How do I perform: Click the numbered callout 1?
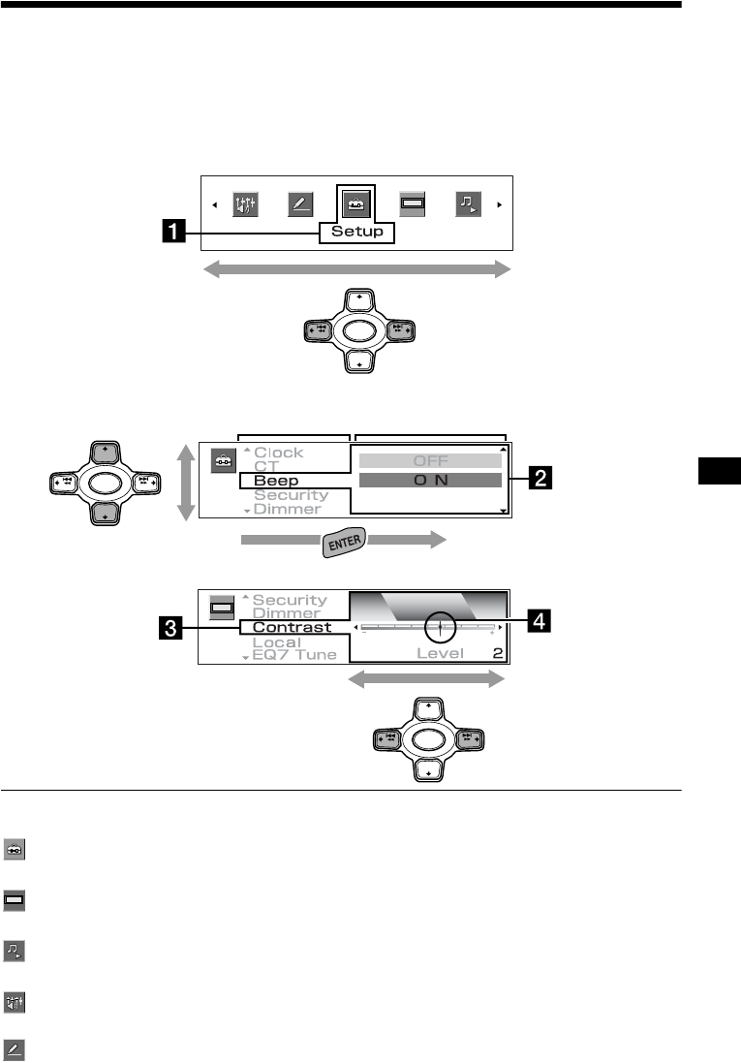(174, 233)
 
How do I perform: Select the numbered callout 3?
(170, 629)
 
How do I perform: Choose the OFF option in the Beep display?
(430, 461)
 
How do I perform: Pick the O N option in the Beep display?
(430, 480)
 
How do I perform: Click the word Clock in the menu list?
(278, 453)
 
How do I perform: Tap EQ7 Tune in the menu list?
(294, 655)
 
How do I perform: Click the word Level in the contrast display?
(441, 653)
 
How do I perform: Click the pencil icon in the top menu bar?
(301, 204)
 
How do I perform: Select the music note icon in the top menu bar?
(469, 204)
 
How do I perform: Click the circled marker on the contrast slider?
(440, 627)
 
